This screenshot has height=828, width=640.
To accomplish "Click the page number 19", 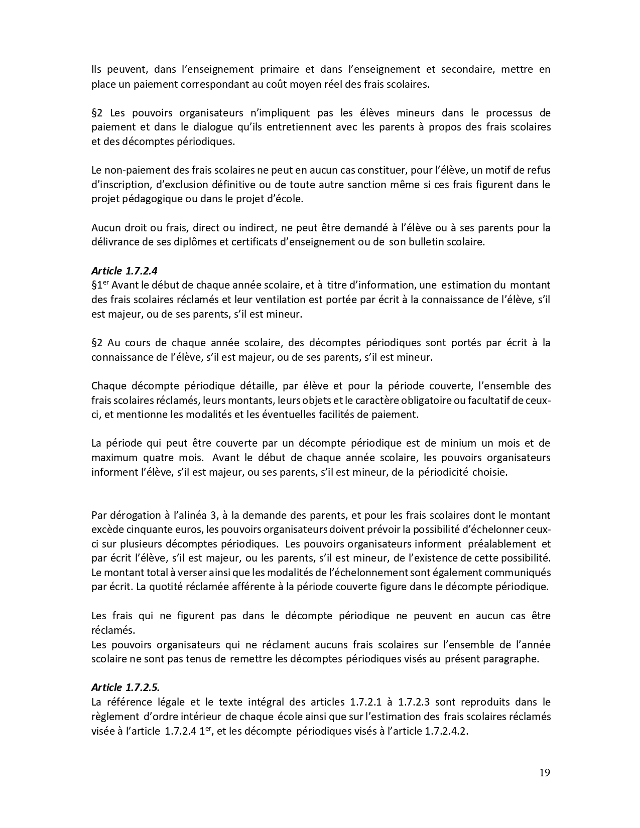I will click(x=545, y=772).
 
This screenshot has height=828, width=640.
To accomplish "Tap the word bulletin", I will click(x=419, y=242).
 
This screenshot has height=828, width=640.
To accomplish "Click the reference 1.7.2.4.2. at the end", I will click(x=446, y=731).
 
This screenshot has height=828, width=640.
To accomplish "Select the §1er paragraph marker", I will click(x=100, y=285).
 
